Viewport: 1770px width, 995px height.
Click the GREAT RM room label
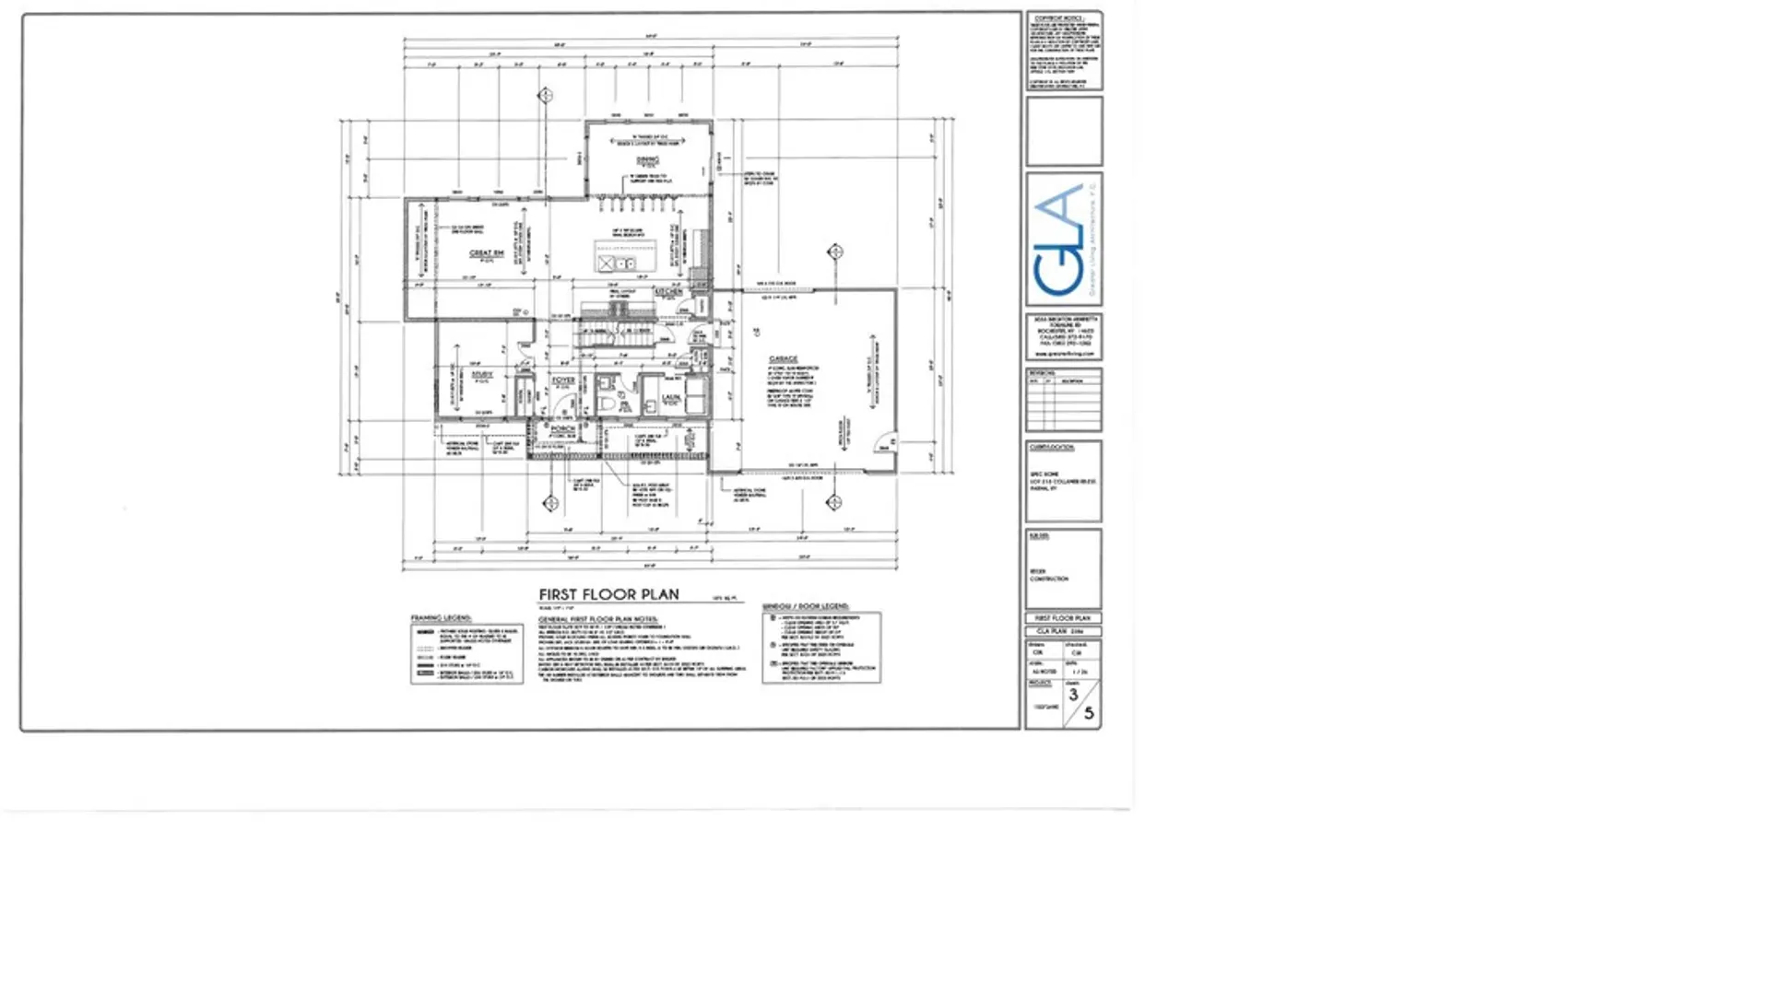pyautogui.click(x=486, y=252)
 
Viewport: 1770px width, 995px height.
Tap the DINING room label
pyautogui.click(x=647, y=160)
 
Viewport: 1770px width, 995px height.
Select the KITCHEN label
pyautogui.click(x=668, y=292)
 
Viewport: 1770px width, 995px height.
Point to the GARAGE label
pyautogui.click(x=784, y=359)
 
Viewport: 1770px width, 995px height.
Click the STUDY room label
pyautogui.click(x=482, y=375)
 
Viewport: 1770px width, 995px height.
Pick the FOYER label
pyautogui.click(x=563, y=380)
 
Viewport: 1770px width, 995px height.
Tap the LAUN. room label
pyautogui.click(x=670, y=398)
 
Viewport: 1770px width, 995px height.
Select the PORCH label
pyautogui.click(x=562, y=428)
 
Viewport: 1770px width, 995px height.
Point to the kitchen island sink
pyautogui.click(x=625, y=264)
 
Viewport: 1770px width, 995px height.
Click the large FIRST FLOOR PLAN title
pyautogui.click(x=608, y=595)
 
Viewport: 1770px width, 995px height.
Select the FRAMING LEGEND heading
pyautogui.click(x=441, y=618)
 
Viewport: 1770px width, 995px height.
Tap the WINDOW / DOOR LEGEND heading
pyautogui.click(x=805, y=606)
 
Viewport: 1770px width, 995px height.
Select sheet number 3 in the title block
pyautogui.click(x=1073, y=696)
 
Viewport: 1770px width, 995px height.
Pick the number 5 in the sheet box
pyautogui.click(x=1089, y=713)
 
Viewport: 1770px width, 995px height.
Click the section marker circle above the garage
pyautogui.click(x=835, y=252)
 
